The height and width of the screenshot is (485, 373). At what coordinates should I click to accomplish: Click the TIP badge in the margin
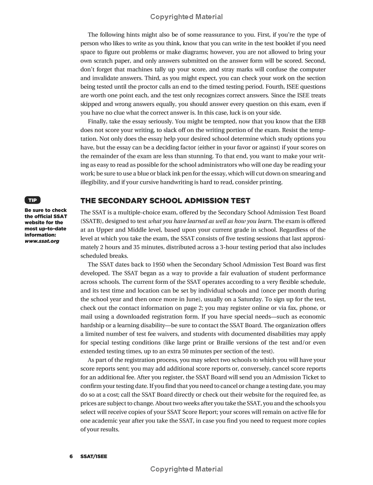tap(33, 200)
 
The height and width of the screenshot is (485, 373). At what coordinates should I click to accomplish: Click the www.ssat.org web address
tap(42, 241)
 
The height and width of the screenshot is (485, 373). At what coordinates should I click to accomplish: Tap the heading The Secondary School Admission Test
tap(166, 201)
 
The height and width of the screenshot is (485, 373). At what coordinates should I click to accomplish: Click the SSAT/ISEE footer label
tap(93, 456)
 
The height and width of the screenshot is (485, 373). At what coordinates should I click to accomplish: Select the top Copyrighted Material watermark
tap(186, 17)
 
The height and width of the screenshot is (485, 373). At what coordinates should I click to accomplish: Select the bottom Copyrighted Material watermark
tap(186, 469)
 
